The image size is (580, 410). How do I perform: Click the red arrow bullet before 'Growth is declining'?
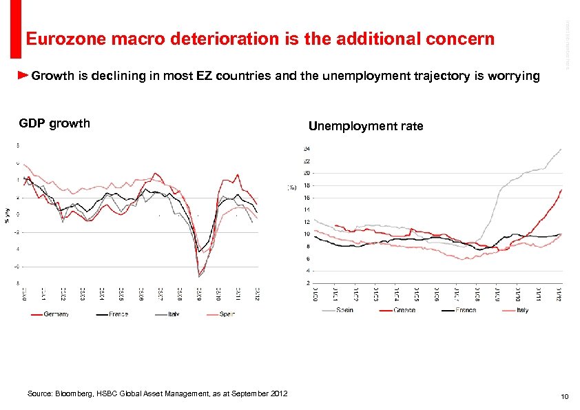tap(23, 74)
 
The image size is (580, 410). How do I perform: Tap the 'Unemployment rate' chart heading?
tap(366, 126)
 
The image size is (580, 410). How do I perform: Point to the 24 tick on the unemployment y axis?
tap(306, 148)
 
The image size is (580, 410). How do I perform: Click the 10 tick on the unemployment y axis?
tap(306, 234)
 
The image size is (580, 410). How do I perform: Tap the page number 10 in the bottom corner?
tap(564, 396)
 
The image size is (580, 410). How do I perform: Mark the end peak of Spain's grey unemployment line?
tap(561, 149)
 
